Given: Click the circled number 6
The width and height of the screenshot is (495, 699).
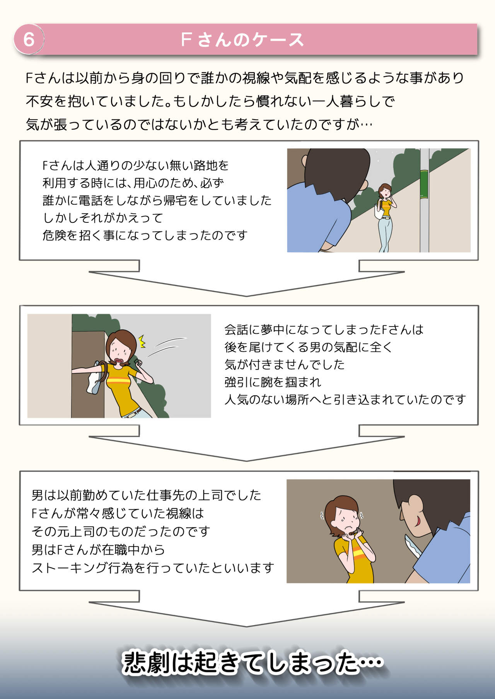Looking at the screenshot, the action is click(29, 39).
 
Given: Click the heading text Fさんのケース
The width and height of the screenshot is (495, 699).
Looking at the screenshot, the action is click(242, 39).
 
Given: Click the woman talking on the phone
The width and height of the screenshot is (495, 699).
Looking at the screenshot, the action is click(385, 217).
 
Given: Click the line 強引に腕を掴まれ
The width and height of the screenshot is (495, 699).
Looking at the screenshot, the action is click(273, 382).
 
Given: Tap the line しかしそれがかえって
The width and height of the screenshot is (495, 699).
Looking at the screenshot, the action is click(103, 218).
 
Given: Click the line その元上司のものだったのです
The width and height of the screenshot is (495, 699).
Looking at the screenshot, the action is click(121, 532).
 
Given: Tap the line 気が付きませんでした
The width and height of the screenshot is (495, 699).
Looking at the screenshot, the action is click(284, 364).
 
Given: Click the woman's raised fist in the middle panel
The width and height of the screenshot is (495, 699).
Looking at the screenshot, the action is click(139, 363).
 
